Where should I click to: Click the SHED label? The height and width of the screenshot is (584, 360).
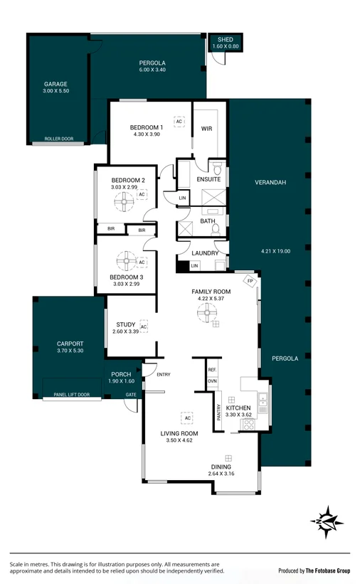[226, 39]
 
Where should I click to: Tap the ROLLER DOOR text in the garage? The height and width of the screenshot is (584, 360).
[58, 139]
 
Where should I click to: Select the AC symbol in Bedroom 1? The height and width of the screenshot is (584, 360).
[179, 122]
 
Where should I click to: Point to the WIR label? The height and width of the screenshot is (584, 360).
[207, 129]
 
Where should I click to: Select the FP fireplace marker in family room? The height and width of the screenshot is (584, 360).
[250, 281]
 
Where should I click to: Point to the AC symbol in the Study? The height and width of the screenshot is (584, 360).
[144, 326]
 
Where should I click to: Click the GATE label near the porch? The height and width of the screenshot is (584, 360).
[131, 394]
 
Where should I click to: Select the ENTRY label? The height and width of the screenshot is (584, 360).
[164, 375]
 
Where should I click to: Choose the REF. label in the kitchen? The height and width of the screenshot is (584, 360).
[212, 371]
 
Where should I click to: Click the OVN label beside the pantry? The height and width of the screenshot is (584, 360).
[212, 381]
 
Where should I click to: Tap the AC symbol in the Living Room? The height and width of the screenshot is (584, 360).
[187, 418]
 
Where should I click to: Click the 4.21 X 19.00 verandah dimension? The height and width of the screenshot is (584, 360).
[275, 251]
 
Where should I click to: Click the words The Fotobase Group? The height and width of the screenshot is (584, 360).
[327, 570]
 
